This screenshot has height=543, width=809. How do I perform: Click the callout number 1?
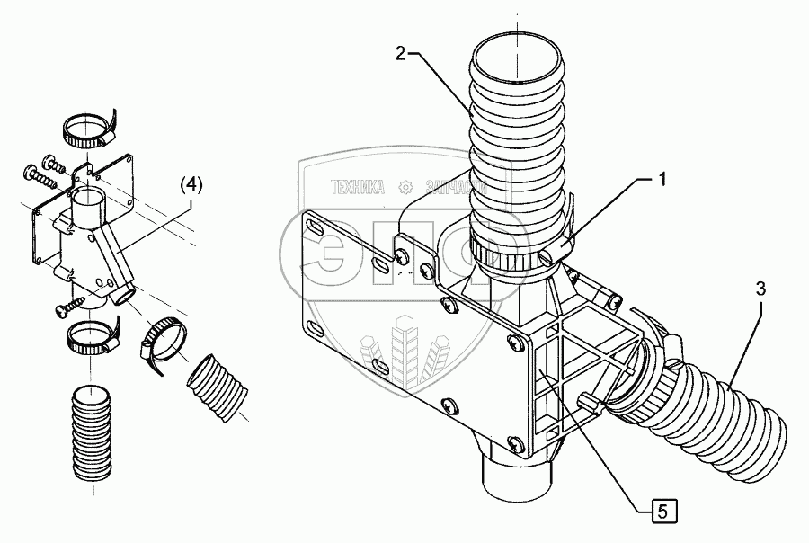click(x=662, y=180)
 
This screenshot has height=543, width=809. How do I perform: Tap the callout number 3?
click(x=760, y=289)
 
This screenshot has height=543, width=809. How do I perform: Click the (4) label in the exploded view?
click(x=191, y=184)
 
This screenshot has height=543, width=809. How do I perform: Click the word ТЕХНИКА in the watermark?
click(x=358, y=188)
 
